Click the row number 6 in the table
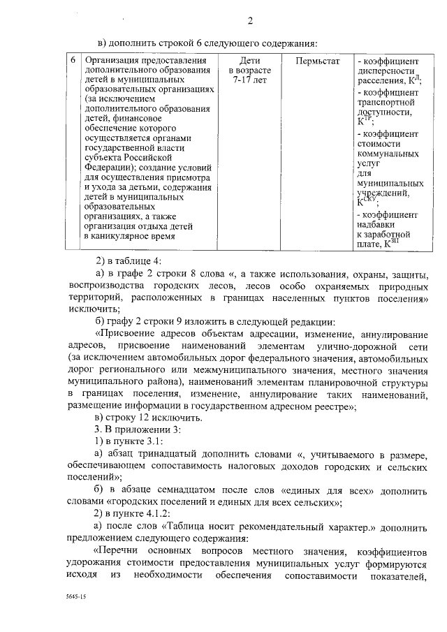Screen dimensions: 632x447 click(73, 61)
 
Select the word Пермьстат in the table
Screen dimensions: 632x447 click(317, 61)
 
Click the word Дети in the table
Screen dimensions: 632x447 click(249, 61)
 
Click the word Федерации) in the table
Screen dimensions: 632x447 click(106, 168)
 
